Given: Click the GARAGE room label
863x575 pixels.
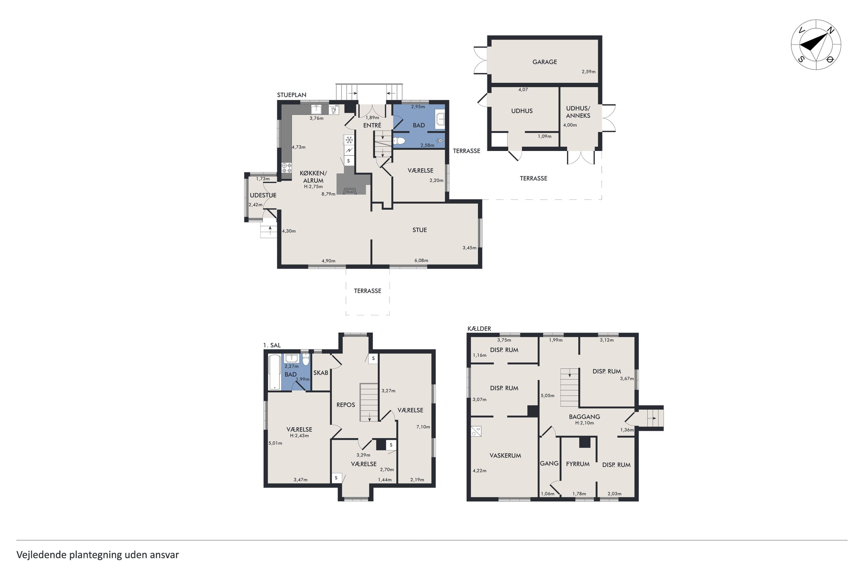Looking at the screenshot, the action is (x=544, y=62).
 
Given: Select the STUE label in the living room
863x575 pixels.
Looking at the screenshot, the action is (x=419, y=230).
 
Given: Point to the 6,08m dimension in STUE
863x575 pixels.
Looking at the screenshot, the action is (x=421, y=260).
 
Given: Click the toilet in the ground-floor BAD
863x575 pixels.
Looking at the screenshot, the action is (x=399, y=141).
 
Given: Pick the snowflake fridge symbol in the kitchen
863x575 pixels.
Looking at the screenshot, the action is (x=349, y=140).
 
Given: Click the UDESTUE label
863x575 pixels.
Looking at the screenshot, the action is (x=263, y=195).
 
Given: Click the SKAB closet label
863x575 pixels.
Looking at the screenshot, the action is (x=321, y=373).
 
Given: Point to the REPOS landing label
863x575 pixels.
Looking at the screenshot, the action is (x=346, y=405).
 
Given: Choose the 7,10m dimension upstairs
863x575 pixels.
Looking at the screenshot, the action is (x=423, y=426).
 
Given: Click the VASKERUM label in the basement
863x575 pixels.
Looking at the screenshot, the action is (x=505, y=456).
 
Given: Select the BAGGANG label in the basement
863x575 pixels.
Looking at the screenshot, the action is (x=584, y=417).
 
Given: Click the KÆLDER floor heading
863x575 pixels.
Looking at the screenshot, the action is (x=479, y=328).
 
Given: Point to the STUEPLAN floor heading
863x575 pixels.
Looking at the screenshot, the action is (x=291, y=95).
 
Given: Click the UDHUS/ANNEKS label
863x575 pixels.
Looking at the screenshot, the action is (x=578, y=112).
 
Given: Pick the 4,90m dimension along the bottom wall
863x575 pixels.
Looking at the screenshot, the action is (x=328, y=261).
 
